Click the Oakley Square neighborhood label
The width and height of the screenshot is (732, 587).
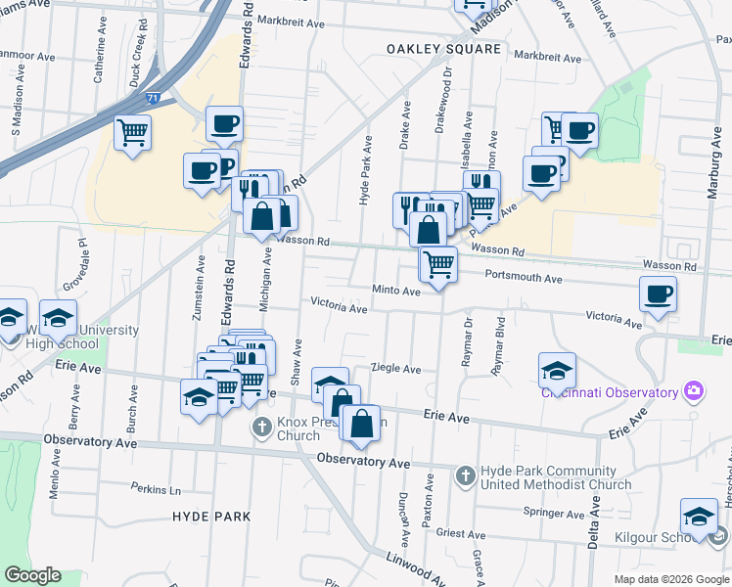tap(443, 48)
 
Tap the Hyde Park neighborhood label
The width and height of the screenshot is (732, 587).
tap(211, 516)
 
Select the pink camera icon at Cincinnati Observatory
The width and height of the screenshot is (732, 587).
tap(694, 392)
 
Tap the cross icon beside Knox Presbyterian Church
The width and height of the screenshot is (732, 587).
tap(261, 427)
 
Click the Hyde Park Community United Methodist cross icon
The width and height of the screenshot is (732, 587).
tap(466, 476)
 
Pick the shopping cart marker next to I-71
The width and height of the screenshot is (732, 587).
tap(132, 131)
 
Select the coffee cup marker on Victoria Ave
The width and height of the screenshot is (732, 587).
tap(658, 293)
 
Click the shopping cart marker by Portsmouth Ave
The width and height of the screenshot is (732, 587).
tap(438, 263)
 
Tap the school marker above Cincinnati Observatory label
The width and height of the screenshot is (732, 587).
tap(557, 370)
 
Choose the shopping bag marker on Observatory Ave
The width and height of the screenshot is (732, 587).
tap(361, 424)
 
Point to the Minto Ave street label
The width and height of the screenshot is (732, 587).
tap(395, 291)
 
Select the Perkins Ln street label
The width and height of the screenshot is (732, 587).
tap(157, 488)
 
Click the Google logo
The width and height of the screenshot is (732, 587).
tap(33, 575)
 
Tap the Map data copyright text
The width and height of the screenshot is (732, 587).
tap(670, 579)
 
